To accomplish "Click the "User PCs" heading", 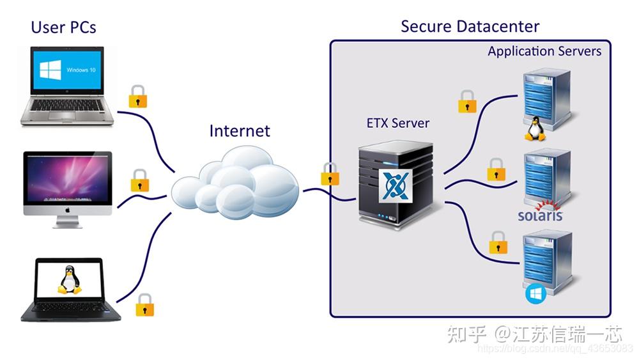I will click(x=63, y=27).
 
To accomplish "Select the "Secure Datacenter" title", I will click(x=470, y=26).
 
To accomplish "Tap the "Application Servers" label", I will click(x=544, y=51).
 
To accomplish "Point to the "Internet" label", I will click(x=240, y=131).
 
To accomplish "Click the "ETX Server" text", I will click(x=397, y=123).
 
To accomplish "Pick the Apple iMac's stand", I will click(x=68, y=221).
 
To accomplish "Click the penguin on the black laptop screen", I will click(x=69, y=281).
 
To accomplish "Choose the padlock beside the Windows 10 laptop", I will click(x=138, y=97).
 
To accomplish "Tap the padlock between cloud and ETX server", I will click(x=330, y=174).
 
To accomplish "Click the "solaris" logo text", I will click(x=541, y=215).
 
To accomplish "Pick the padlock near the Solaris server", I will click(x=496, y=169).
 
